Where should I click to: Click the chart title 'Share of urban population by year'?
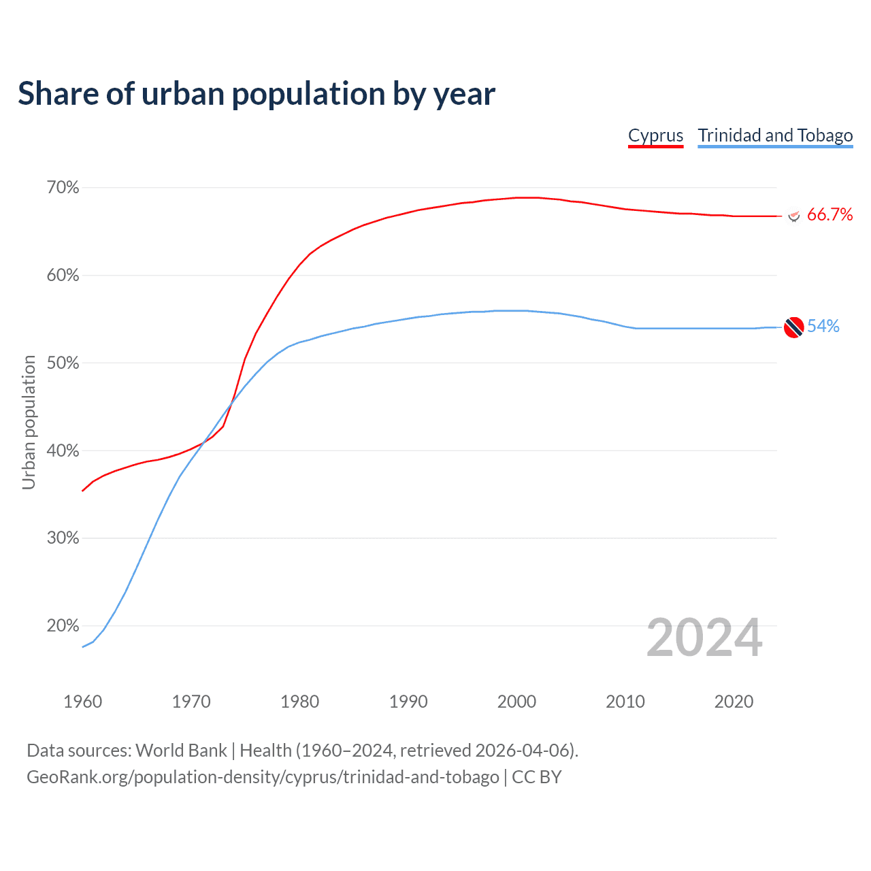(x=257, y=94)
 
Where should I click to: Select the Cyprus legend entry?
(x=655, y=135)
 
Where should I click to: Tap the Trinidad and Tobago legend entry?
(x=775, y=135)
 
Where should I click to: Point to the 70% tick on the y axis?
(x=63, y=188)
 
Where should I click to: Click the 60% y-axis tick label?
(x=63, y=276)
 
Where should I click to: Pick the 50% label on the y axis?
(x=63, y=363)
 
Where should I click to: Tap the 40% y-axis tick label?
(x=63, y=451)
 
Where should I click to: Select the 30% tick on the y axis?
(x=63, y=538)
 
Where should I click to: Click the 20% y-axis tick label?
(x=63, y=626)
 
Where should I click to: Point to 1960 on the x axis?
(x=82, y=702)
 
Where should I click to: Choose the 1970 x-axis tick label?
(x=191, y=702)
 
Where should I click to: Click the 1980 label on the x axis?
(x=299, y=702)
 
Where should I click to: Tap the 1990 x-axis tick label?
(x=408, y=702)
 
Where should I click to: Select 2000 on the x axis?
(x=516, y=702)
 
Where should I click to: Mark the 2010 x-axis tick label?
(x=625, y=702)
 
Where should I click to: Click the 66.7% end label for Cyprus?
(x=829, y=215)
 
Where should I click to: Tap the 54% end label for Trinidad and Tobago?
(x=823, y=327)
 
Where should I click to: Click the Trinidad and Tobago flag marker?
(x=793, y=327)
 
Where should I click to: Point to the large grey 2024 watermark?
(x=704, y=638)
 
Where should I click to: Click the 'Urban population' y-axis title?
(x=29, y=422)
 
